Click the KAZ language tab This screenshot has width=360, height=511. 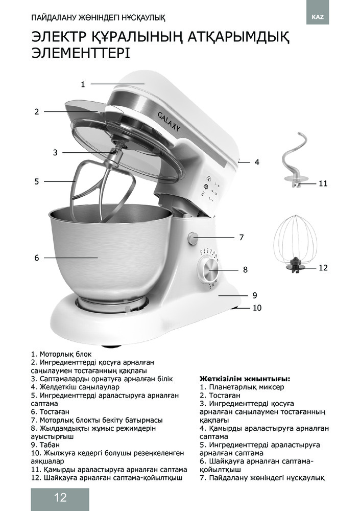pos(317,17)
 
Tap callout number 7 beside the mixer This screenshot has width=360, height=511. pos(242,237)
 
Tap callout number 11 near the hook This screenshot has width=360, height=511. pos(323,183)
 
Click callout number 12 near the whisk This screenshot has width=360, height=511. pos(323,267)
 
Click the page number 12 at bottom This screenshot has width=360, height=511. pos(60,498)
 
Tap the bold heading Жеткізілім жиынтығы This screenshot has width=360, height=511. pos(245,379)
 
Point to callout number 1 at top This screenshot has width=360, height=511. pos(83,84)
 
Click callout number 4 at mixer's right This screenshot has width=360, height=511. pos(257,162)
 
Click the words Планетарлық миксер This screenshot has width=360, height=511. pos(239,387)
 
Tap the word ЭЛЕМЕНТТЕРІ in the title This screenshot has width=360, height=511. pos(80,53)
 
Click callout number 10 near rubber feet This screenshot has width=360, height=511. pos(257,308)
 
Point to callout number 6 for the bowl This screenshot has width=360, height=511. pos(37,258)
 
